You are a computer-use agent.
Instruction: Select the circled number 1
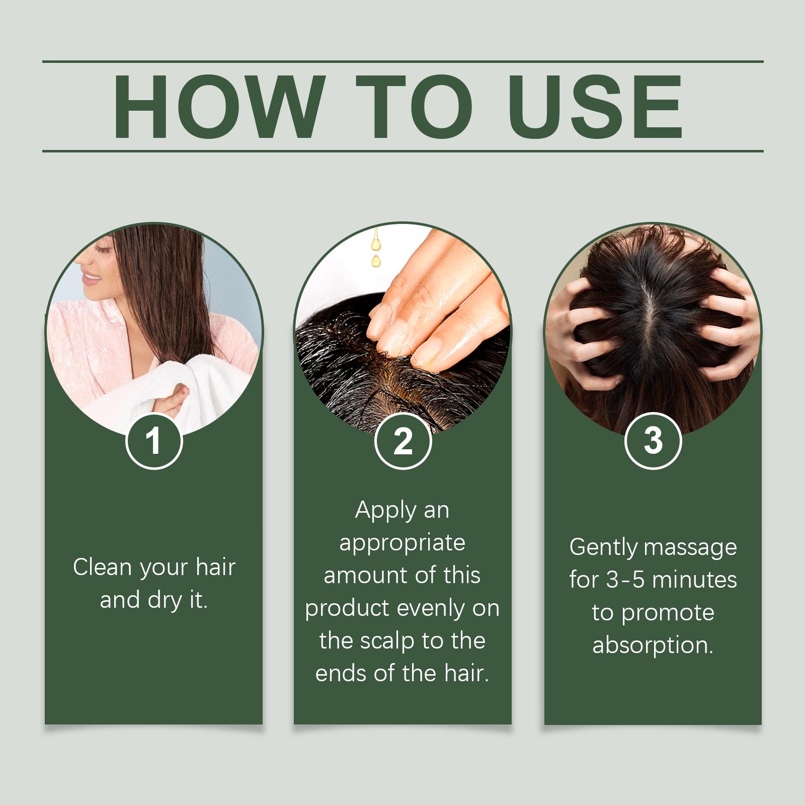pyautogui.click(x=153, y=441)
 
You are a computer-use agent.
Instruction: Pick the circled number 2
pyautogui.click(x=403, y=441)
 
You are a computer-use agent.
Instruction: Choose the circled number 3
pyautogui.click(x=653, y=441)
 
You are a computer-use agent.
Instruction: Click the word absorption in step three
pyautogui.click(x=653, y=646)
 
